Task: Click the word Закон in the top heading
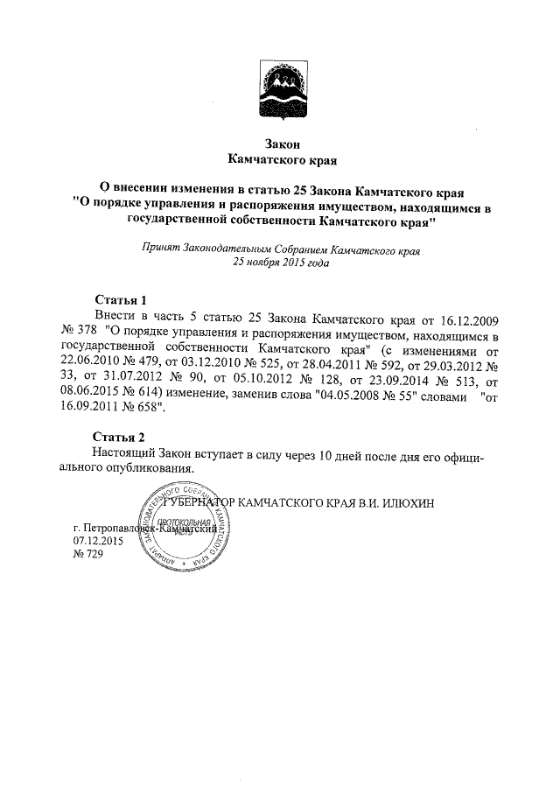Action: [x=282, y=144]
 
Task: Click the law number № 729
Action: [x=87, y=555]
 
